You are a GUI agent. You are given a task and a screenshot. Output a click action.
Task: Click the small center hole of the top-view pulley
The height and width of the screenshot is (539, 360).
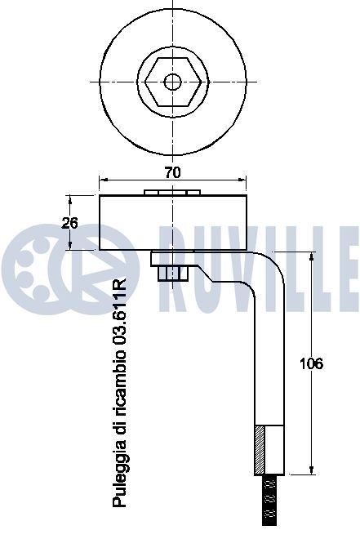click(172, 82)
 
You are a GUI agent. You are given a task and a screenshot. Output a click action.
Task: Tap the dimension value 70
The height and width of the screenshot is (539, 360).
click(172, 172)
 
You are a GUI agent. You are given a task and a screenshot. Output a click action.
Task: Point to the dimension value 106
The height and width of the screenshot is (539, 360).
click(311, 364)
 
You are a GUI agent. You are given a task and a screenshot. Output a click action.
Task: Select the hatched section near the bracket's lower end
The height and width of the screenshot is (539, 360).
click(260, 448)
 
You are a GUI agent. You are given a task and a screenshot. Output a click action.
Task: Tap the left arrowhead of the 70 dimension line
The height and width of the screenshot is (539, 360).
click(102, 179)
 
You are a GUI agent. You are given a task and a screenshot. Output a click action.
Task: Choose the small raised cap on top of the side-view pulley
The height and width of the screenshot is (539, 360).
click(172, 193)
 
